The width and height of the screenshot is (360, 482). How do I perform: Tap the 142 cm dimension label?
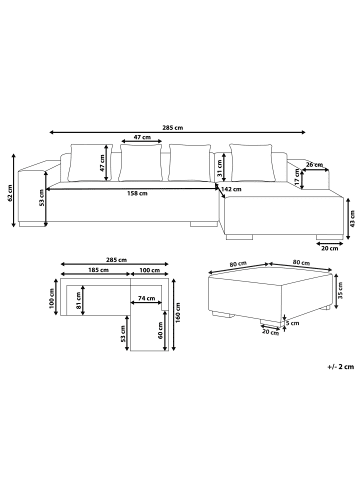231,189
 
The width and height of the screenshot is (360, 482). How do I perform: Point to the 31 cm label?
219,167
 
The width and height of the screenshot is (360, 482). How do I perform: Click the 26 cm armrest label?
314,165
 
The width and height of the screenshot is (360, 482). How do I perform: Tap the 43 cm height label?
353,218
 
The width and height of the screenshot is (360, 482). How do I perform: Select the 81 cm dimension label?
78,300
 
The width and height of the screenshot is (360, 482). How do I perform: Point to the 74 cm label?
147,298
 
